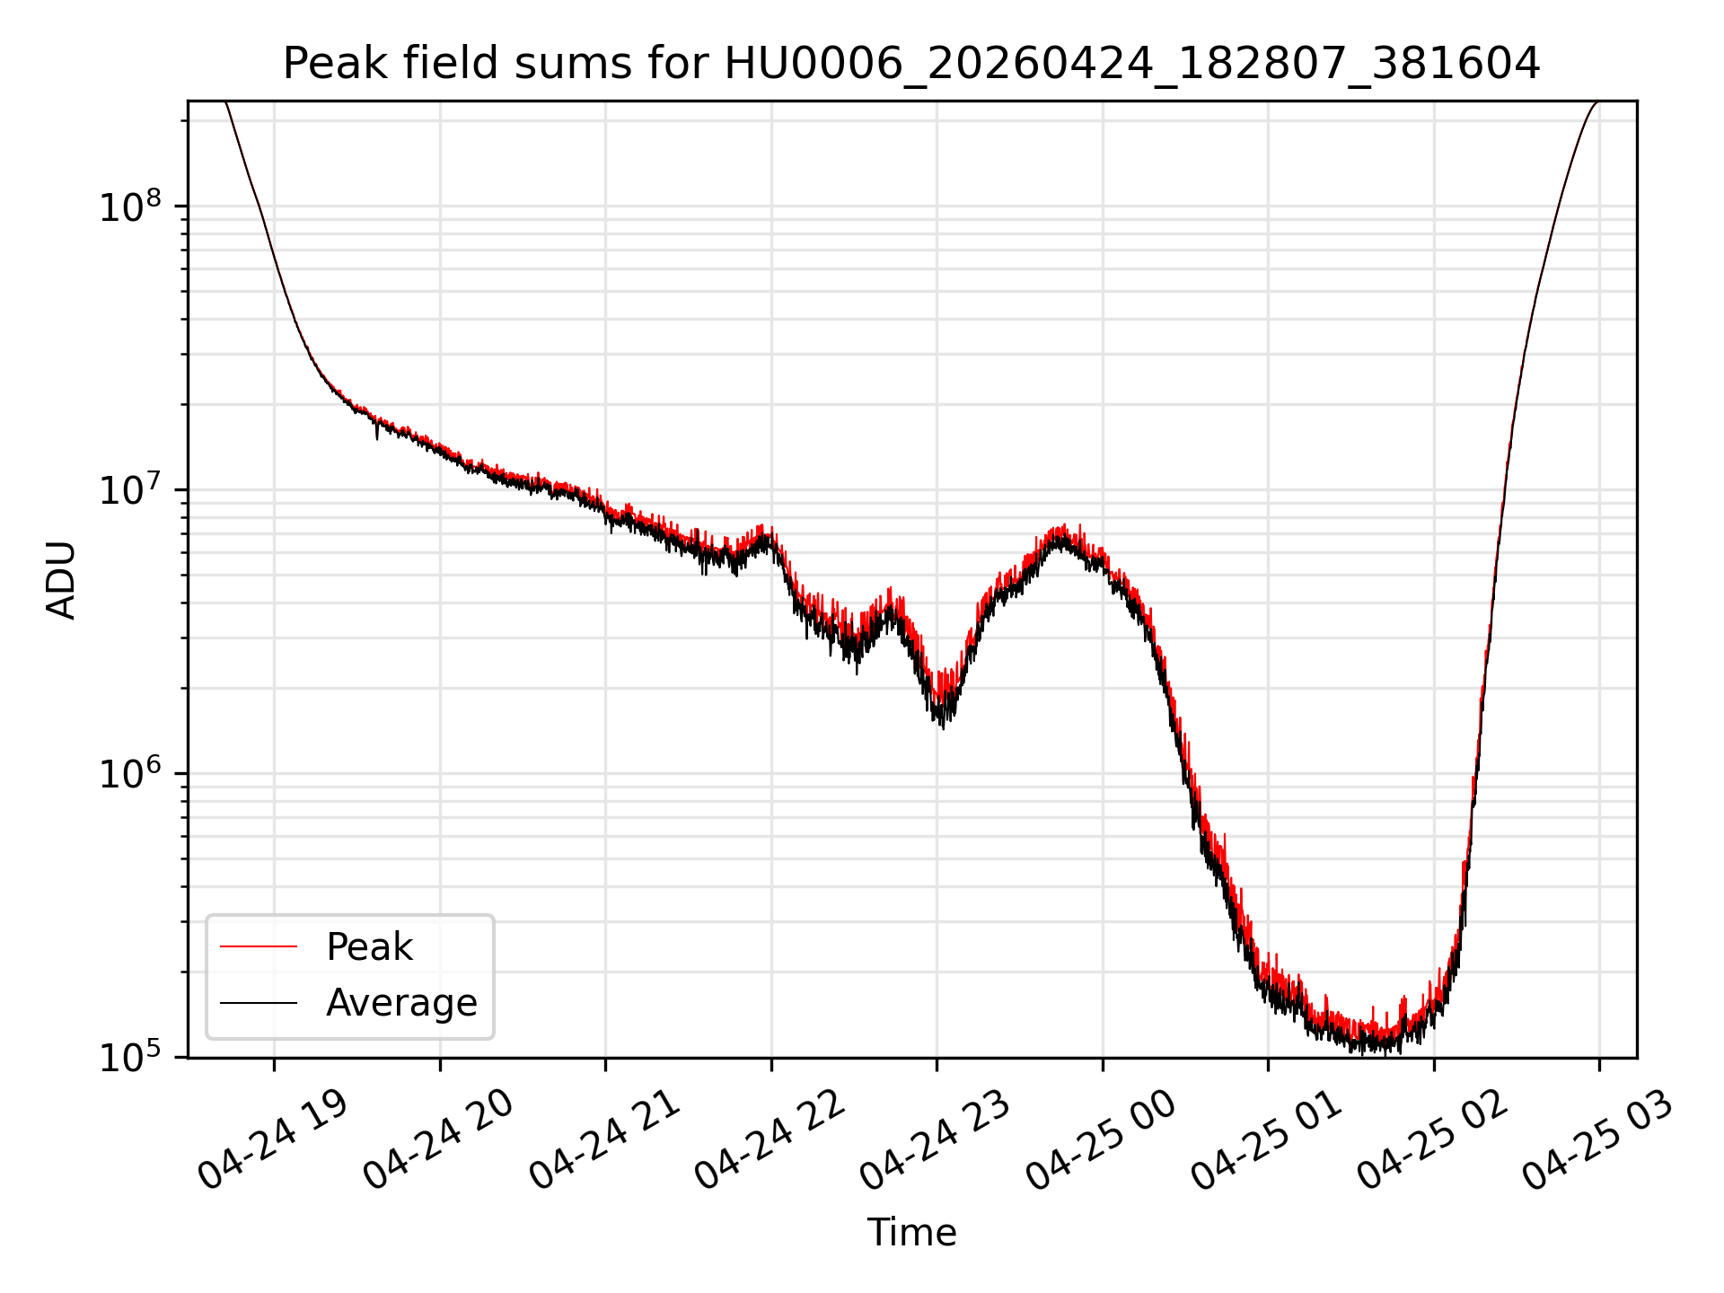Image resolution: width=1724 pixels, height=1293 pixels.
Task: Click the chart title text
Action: [911, 64]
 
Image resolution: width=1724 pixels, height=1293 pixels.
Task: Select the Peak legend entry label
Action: [369, 947]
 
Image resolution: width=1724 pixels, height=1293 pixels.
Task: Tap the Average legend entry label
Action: [401, 1003]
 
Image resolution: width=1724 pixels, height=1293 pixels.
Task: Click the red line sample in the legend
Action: [259, 946]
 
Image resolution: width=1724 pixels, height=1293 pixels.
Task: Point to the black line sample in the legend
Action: [259, 1002]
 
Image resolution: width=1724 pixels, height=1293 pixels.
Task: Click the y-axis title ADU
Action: [61, 580]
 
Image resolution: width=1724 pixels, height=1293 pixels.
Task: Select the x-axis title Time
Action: [911, 1233]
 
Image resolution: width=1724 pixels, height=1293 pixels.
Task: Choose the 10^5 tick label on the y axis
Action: [131, 1056]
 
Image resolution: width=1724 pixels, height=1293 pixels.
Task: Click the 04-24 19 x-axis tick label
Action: [272, 1139]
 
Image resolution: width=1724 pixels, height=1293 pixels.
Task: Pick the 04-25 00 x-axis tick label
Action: [1101, 1139]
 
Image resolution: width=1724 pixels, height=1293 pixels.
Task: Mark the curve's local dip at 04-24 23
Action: [942, 718]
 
